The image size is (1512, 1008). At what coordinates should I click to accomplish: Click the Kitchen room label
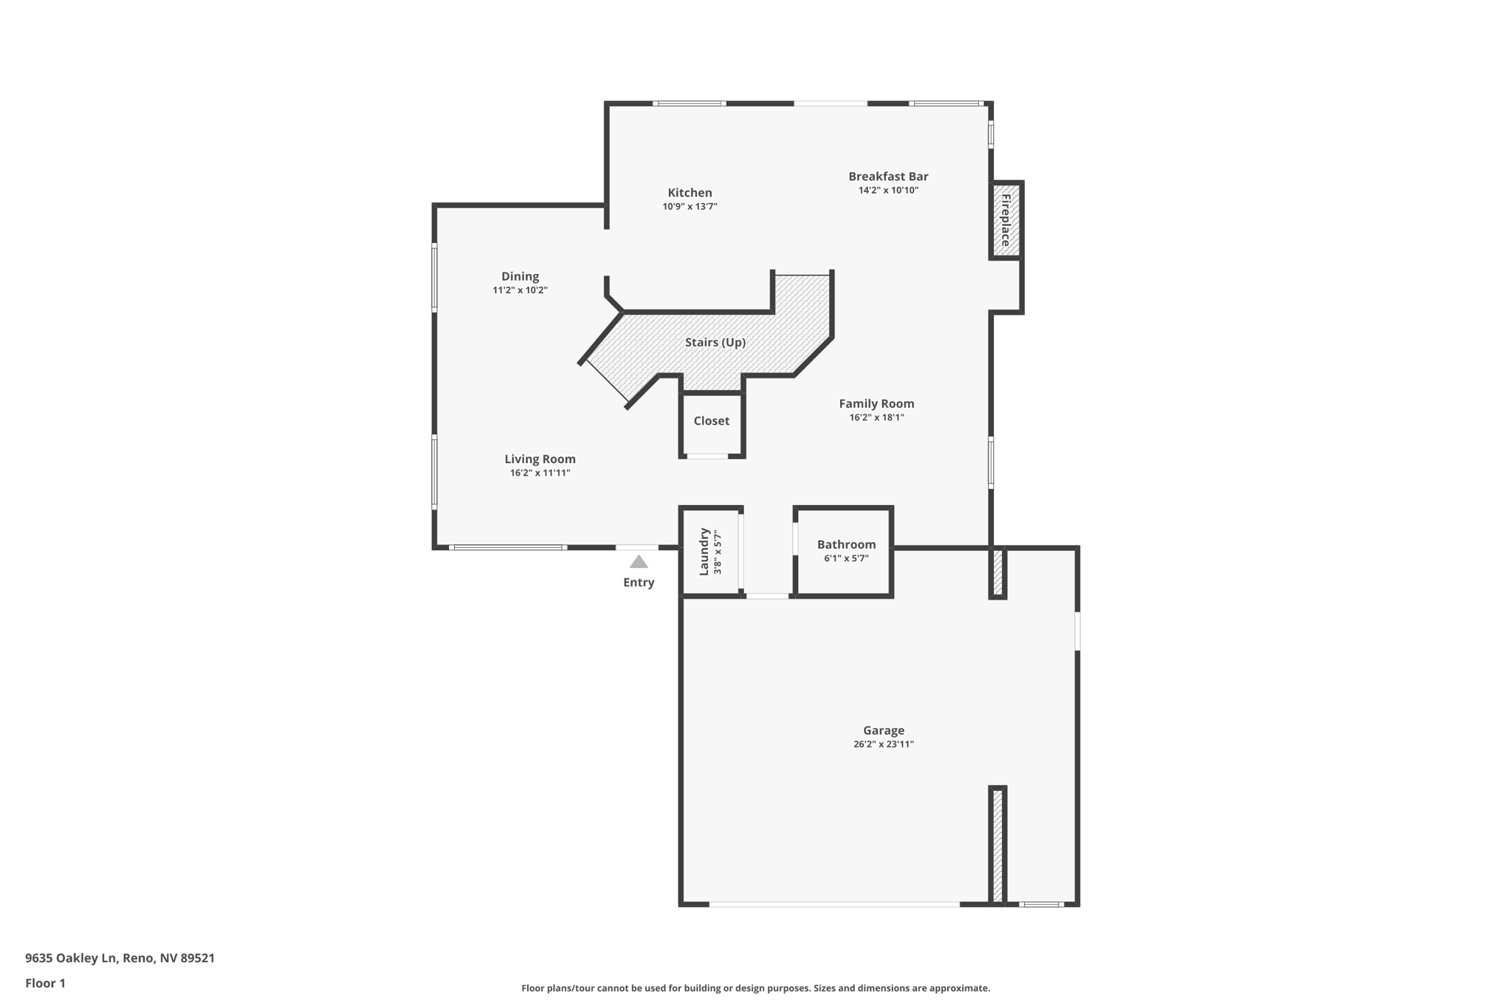click(x=690, y=193)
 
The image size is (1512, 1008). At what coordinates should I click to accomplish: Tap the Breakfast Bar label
click(x=888, y=176)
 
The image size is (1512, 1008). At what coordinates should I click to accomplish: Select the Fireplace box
click(x=1006, y=220)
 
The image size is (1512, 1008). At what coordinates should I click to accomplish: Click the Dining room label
click(x=520, y=277)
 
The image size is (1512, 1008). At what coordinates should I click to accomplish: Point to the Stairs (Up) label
click(x=715, y=343)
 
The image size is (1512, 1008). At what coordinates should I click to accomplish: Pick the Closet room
click(x=712, y=425)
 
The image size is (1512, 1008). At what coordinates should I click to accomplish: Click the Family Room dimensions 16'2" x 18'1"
click(x=876, y=417)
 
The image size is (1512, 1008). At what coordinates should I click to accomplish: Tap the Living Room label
click(x=540, y=459)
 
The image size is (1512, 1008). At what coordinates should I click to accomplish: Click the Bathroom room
click(x=844, y=552)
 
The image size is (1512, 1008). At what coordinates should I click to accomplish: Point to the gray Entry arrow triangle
click(x=639, y=562)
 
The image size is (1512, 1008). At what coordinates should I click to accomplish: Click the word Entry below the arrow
click(x=639, y=583)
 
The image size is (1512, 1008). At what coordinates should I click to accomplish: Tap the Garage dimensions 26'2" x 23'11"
click(x=884, y=744)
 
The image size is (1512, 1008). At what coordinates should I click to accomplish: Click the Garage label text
click(x=884, y=730)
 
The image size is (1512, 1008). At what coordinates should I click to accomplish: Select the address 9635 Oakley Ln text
click(x=72, y=959)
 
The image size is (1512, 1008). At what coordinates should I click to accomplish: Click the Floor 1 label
click(x=45, y=984)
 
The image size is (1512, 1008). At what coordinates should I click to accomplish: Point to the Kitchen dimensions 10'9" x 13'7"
click(x=690, y=207)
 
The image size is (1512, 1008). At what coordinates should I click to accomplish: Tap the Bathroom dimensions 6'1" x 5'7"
click(x=846, y=559)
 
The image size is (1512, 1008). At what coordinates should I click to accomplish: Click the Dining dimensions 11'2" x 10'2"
click(x=520, y=290)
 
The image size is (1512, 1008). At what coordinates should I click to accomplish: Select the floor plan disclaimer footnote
click(x=755, y=988)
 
